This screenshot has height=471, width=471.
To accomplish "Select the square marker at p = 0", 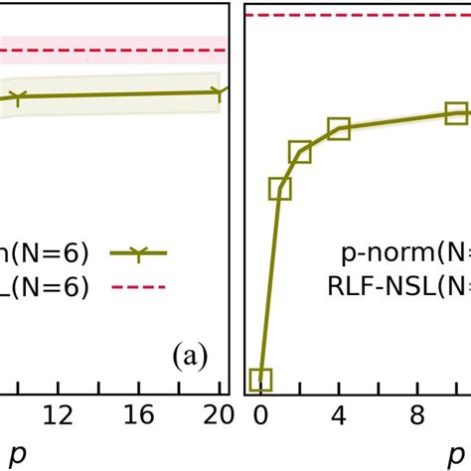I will pos(260,379).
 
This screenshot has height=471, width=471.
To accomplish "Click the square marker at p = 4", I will pos(339,128).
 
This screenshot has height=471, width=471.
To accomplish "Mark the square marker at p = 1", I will pos(280,189).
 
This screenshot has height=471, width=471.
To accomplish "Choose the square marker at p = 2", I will pos(300,151).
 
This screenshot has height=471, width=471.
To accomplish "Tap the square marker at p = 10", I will pos(456,112).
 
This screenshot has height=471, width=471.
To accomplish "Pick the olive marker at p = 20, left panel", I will pos(219,92).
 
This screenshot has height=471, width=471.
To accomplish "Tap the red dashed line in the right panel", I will pos(358,15).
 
